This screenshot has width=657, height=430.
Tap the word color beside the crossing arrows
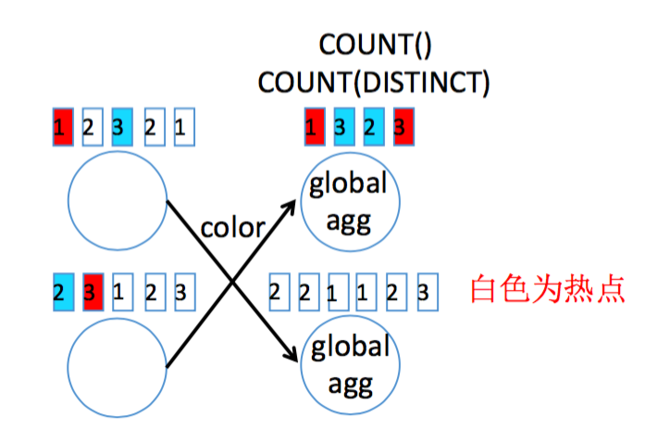pos(232,226)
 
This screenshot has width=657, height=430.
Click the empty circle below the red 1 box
pos(116,200)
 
